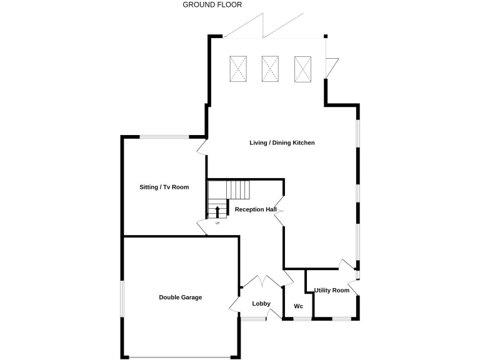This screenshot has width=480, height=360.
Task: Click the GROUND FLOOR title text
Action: (x=212, y=5)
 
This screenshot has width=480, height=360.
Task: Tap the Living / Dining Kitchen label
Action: (x=282, y=143)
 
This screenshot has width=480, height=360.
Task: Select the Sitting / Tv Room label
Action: (x=164, y=187)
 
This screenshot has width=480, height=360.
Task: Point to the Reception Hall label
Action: (x=256, y=209)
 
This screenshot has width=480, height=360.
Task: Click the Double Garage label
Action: (x=180, y=297)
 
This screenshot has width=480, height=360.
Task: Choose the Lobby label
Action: (x=261, y=304)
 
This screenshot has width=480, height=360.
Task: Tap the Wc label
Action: (x=298, y=306)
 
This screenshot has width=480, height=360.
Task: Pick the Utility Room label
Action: (x=331, y=291)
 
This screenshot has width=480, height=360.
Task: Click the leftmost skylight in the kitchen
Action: (x=238, y=69)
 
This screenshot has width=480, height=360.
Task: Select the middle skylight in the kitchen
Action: (x=270, y=69)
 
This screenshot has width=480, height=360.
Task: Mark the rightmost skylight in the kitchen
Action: (x=302, y=69)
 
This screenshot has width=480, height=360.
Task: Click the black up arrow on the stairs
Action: (x=217, y=211)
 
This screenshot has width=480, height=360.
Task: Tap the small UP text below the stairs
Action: (x=217, y=223)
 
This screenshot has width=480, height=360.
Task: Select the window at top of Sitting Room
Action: (x=164, y=137)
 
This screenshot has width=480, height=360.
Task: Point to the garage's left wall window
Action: (x=122, y=297)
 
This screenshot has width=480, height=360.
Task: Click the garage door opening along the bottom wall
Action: (x=180, y=357)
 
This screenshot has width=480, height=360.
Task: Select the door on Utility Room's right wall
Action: (x=354, y=288)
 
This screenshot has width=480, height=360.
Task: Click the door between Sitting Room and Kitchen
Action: (x=202, y=146)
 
